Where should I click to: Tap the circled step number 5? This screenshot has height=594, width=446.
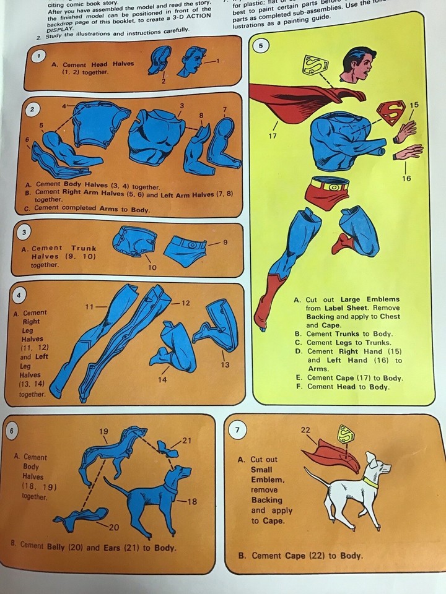point(261,45)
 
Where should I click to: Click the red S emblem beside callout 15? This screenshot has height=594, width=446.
point(391,112)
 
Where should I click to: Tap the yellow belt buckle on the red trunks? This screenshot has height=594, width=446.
point(334,184)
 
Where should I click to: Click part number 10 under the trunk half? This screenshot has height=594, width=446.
point(152,267)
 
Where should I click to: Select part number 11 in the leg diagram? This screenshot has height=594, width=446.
point(89,306)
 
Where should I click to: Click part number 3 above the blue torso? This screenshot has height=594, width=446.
point(181,106)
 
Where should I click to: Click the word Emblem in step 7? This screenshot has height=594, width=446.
point(267,480)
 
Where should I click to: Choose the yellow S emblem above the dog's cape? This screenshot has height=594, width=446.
point(345,435)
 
